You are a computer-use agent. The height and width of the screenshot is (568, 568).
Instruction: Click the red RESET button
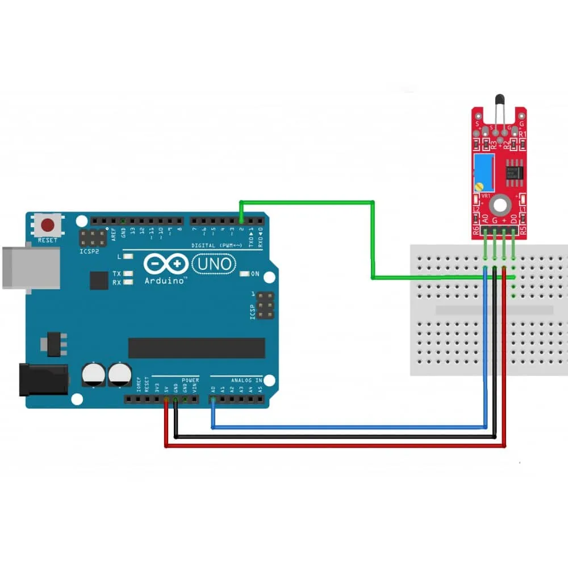48,225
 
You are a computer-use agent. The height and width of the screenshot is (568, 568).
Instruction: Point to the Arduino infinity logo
165,264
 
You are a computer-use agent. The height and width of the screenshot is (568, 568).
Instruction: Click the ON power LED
245,274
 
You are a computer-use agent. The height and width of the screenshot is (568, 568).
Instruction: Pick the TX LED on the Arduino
128,273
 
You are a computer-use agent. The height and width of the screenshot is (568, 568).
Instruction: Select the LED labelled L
128,257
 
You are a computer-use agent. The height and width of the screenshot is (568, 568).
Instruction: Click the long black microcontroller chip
197,348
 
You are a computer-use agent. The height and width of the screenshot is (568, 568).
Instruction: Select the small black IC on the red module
516,172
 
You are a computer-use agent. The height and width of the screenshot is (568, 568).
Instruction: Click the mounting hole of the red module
500,203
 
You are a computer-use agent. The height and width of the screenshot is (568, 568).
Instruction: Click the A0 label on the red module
486,218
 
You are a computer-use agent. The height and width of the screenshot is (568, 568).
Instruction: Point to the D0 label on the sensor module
513,218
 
